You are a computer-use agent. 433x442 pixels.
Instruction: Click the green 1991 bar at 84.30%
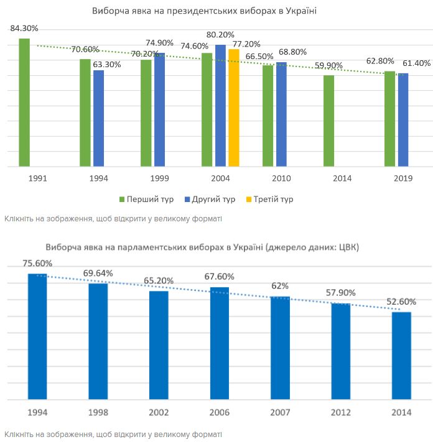[x=24, y=103]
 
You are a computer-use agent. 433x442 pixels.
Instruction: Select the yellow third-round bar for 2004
[x=233, y=108]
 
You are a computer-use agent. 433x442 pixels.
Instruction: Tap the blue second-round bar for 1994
[x=98, y=118]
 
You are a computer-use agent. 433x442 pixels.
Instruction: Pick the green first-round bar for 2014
[x=328, y=121]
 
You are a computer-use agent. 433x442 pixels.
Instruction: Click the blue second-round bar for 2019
[x=403, y=119]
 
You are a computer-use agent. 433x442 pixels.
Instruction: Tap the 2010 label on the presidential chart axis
[x=280, y=178]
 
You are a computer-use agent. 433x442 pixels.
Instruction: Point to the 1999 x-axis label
[x=159, y=178]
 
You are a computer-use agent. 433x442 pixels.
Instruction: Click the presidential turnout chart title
[x=205, y=11]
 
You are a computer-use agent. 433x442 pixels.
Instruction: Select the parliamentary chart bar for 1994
[x=37, y=336]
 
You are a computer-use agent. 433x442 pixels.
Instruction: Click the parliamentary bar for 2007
[x=280, y=348]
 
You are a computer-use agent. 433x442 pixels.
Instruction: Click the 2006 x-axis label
[x=220, y=412]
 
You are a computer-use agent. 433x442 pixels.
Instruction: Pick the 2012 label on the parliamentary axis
[x=341, y=412]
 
